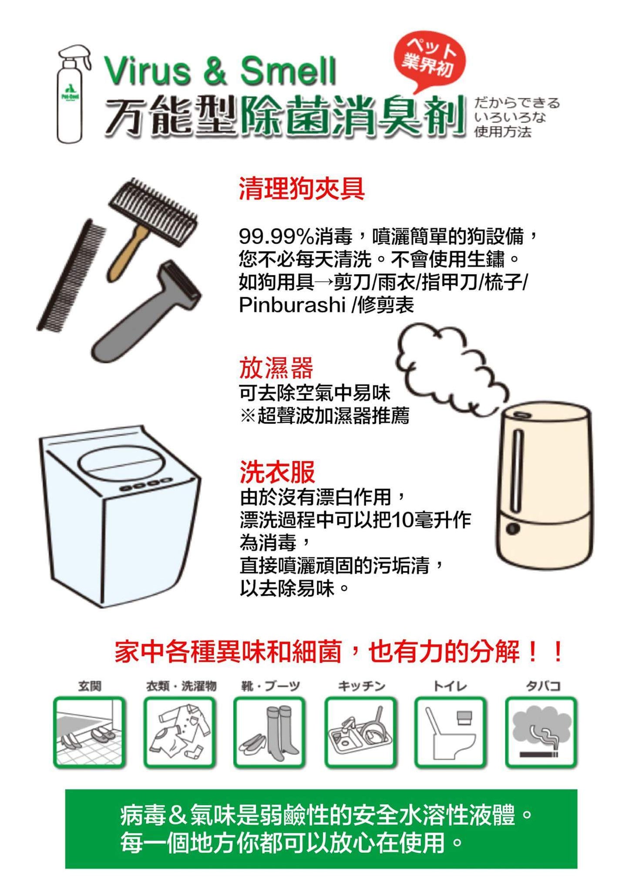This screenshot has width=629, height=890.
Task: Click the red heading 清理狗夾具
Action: click(x=302, y=189)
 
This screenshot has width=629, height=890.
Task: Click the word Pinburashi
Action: click(x=292, y=306)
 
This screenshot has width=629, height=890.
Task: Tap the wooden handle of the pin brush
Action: click(x=126, y=252)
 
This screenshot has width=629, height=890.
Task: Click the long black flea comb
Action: click(x=71, y=276)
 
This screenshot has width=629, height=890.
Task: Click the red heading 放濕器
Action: click(x=276, y=368)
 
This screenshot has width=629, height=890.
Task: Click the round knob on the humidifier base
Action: click(x=514, y=528)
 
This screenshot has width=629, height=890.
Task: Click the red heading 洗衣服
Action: click(x=277, y=472)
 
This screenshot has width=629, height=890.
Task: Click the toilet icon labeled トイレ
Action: click(x=450, y=738)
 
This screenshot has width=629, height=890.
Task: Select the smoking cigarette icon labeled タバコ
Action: click(x=541, y=738)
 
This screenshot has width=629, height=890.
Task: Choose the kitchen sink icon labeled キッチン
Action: click(x=360, y=738)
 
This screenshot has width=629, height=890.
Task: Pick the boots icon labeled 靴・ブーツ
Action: click(x=269, y=738)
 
